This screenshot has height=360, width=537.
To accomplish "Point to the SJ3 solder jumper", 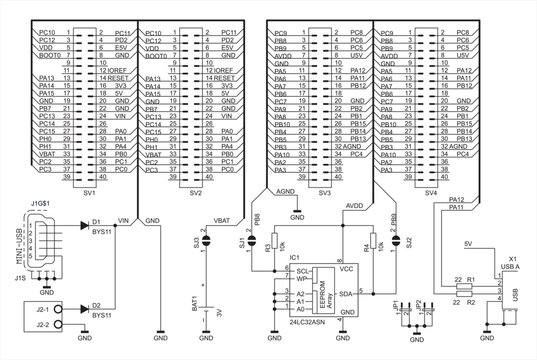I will [x=205, y=241].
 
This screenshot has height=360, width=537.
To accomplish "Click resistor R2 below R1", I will [x=463, y=296].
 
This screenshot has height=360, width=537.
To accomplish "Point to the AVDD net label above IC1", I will [x=353, y=204].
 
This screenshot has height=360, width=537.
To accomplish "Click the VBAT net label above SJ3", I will [x=222, y=220].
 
